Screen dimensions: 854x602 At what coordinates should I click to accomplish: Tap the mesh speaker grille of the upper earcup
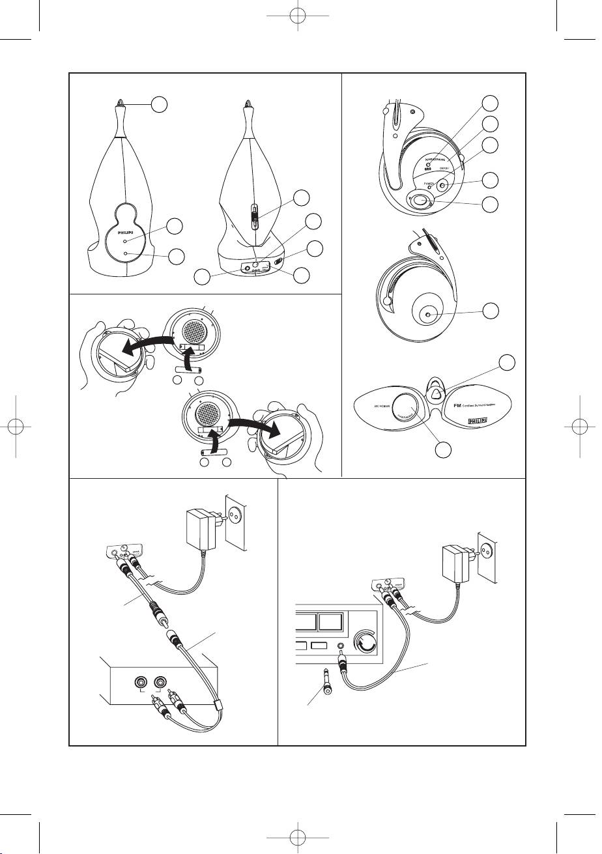[195, 324]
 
